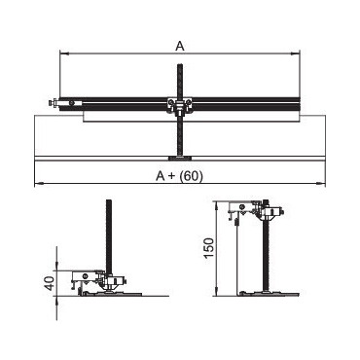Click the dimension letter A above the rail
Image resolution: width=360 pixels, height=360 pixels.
point(180,46)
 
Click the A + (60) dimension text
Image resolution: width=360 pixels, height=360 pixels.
point(179,176)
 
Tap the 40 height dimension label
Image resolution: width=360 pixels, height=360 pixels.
point(49,283)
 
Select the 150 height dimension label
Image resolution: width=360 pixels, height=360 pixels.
point(209,248)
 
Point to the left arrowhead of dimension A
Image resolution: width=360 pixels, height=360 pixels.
point(63,54)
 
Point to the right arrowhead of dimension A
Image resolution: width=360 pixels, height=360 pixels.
point(297,54)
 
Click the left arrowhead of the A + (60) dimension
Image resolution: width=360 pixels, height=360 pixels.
point(38,184)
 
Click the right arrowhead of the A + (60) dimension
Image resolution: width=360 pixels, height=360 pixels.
point(321,184)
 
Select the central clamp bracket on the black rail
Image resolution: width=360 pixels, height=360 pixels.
point(179,105)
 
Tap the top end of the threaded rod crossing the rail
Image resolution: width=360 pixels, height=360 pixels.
point(179,65)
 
